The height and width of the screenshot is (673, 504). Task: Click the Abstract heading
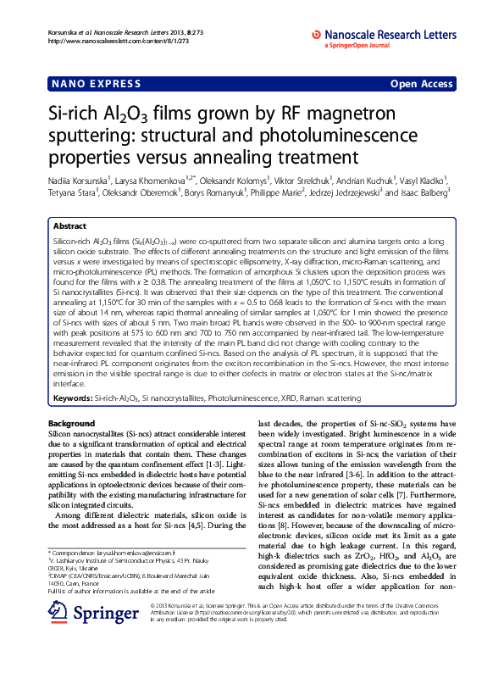69,227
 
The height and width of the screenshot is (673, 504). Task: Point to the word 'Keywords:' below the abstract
73,397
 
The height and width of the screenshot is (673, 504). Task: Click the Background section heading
71,423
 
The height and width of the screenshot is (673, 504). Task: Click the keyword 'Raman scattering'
342,397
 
